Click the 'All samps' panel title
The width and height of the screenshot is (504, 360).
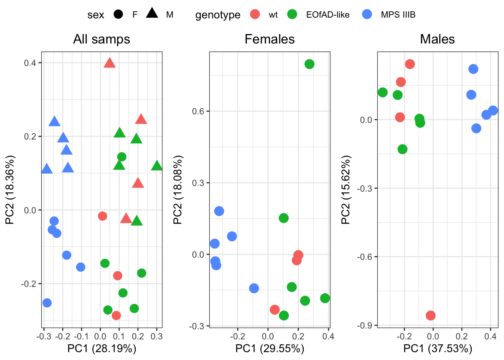102,39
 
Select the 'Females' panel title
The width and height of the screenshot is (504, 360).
270,39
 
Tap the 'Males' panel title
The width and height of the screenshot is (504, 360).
437,39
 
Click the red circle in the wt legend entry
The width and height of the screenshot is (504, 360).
255,15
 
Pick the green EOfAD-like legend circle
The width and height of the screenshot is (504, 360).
292,15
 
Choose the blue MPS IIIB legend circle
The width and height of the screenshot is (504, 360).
367,15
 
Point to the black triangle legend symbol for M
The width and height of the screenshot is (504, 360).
152,14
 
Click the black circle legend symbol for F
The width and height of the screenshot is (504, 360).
118,15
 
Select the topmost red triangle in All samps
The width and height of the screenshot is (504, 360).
109,63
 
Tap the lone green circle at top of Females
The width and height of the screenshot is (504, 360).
309,64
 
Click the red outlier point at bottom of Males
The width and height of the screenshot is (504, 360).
430,315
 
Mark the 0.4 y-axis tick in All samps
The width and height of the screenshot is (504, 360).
30,63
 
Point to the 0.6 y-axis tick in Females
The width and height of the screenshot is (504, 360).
198,111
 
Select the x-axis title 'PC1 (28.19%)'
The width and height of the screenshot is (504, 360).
102,349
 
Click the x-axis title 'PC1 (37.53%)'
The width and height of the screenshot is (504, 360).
438,349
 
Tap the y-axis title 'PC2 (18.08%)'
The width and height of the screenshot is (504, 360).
178,190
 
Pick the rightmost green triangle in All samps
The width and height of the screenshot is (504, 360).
157,165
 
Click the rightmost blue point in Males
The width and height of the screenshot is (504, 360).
493,111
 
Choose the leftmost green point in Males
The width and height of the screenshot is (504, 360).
382,92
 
